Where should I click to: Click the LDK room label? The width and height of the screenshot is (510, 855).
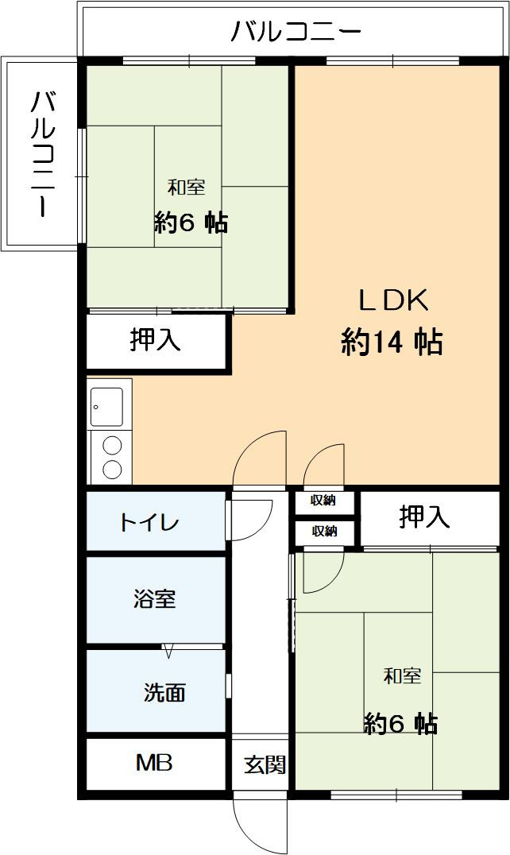click(x=393, y=301)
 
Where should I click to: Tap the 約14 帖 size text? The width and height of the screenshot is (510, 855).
click(x=392, y=342)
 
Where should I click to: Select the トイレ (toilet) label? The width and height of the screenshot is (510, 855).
click(x=150, y=523)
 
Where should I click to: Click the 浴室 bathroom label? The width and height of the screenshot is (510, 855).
click(x=154, y=599)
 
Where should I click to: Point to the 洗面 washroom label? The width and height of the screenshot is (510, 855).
click(x=164, y=693)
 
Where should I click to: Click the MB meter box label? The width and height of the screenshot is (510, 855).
click(x=154, y=764)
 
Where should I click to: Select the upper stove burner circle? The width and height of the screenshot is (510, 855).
click(x=112, y=446)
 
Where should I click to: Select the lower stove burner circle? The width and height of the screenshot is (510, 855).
click(x=112, y=468)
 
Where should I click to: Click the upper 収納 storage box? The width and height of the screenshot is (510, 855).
click(x=324, y=501)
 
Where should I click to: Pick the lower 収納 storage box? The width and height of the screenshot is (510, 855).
click(x=324, y=532)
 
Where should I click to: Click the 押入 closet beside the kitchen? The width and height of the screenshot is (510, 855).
click(x=156, y=340)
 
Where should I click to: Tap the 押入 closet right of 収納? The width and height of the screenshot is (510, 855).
click(x=424, y=518)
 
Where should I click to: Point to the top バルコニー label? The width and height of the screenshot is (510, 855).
click(x=296, y=32)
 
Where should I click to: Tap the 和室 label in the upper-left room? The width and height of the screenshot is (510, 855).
click(x=187, y=188)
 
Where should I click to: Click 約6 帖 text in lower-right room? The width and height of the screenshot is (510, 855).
click(x=400, y=724)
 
